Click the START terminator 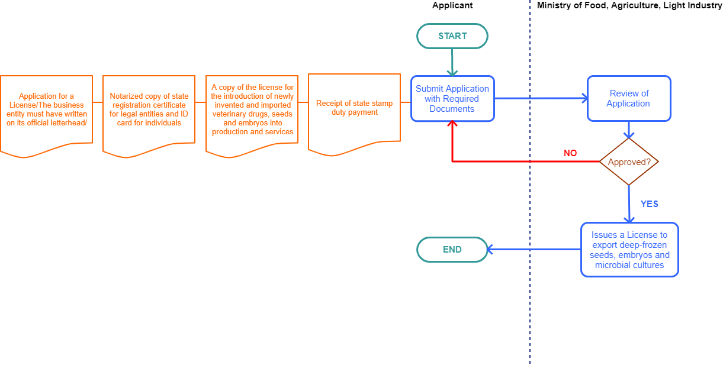pos(452,36)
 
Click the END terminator pos(452,250)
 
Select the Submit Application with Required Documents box pos(452,99)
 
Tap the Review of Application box pos(629,98)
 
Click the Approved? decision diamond pos(629,161)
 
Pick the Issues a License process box pos(629,250)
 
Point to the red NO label pos(570,153)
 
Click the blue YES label pos(650,204)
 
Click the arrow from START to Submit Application pos(452,62)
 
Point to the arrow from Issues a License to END pos(533,249)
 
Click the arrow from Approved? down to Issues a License pos(629,204)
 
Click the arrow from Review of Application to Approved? pos(629,130)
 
